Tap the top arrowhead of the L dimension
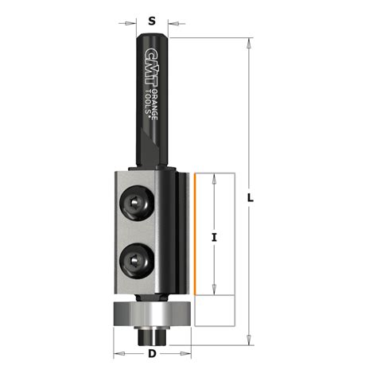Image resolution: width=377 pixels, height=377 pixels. [251, 41]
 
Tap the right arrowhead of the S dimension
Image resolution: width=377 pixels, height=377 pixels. [166, 25]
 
